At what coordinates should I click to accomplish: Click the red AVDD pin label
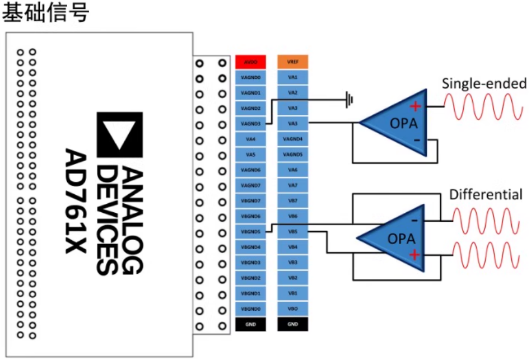click(250, 62)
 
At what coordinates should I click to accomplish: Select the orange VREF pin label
click(292, 62)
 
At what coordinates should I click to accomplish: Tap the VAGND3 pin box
click(250, 124)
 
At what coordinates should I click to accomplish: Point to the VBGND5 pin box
click(250, 231)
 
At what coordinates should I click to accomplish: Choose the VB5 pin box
click(292, 231)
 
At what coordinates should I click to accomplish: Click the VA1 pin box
click(292, 77)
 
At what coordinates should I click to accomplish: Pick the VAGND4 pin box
click(292, 139)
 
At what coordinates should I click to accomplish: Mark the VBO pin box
click(292, 308)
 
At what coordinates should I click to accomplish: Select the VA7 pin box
click(292, 185)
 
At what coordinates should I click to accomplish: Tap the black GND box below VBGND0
click(250, 324)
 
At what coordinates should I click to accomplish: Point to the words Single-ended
click(484, 84)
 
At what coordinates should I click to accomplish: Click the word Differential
click(486, 195)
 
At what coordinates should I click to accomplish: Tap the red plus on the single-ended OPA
click(415, 106)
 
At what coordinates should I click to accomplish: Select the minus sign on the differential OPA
click(414, 220)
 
